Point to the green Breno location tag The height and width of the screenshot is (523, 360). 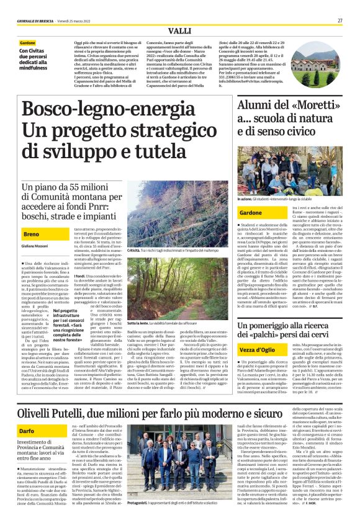pyautogui.click(x=31, y=235)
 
